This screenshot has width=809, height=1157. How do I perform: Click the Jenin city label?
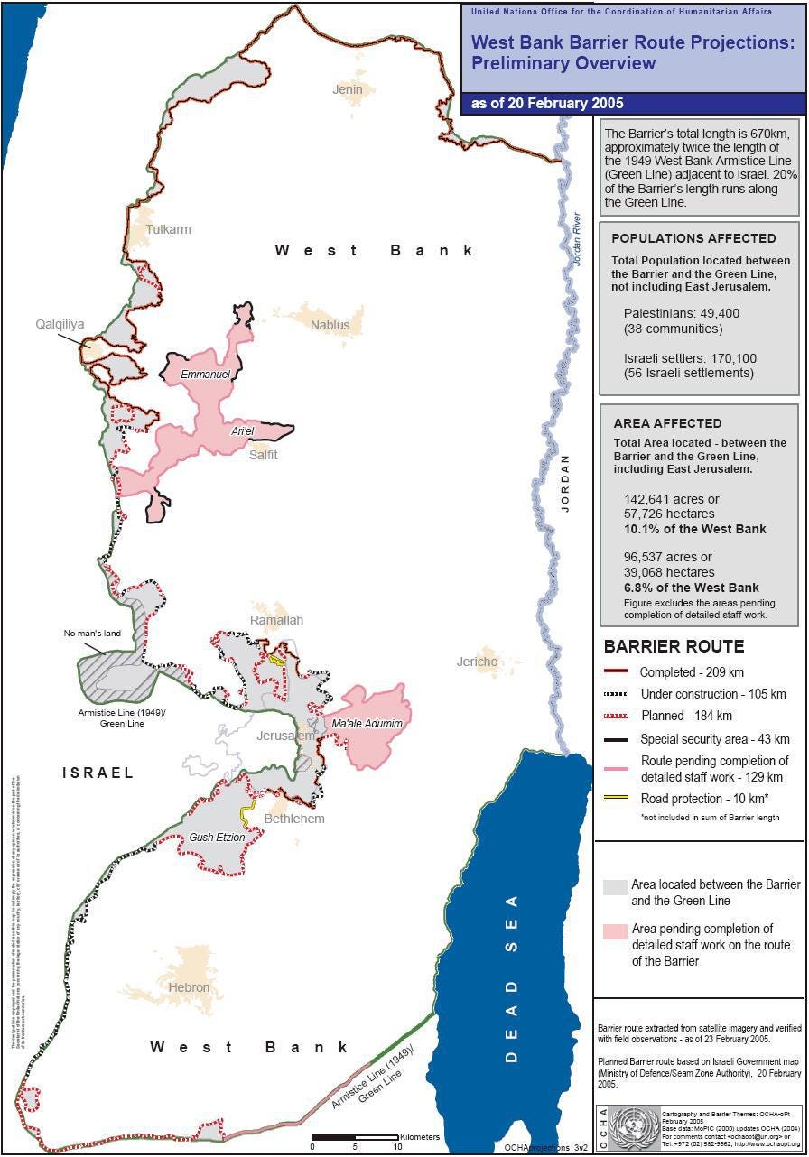click(348, 89)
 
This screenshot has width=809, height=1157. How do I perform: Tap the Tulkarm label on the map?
click(168, 229)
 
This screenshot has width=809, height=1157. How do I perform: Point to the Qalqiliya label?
click(60, 323)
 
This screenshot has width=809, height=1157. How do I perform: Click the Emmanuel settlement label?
click(205, 374)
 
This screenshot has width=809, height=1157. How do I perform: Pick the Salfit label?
click(264, 455)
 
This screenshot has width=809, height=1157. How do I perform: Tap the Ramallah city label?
click(276, 620)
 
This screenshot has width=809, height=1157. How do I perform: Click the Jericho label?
click(477, 662)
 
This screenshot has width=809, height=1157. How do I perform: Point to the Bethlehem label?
click(293, 819)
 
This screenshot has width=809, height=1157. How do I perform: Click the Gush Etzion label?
click(217, 838)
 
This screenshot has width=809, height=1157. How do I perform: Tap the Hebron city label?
click(189, 987)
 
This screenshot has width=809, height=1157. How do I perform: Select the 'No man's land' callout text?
click(92, 634)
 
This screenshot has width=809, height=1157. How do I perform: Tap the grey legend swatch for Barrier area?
click(615, 886)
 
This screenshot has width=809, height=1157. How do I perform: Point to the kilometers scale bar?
click(355, 1137)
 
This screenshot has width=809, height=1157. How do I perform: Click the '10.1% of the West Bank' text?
click(695, 529)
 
